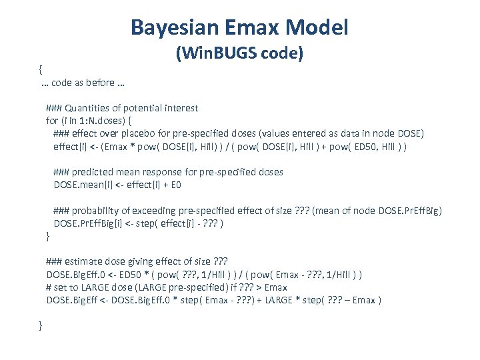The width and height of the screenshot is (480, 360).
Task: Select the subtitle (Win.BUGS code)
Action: [x=240, y=53]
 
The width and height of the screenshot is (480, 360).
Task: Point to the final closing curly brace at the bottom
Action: [x=41, y=325]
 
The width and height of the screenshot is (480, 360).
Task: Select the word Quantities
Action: [x=88, y=108]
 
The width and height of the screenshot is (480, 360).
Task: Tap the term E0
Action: [x=175, y=185]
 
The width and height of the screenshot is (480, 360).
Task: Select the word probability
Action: [x=98, y=211]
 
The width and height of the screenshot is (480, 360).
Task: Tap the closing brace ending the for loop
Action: [x=47, y=237]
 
